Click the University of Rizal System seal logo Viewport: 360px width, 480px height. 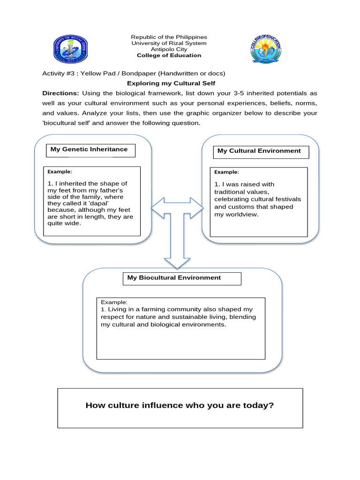(71, 50)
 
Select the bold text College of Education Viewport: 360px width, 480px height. (169, 55)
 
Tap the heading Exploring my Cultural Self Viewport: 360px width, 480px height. (171, 83)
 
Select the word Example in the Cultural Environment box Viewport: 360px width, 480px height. (226, 172)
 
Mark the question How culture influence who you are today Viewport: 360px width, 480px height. (180, 405)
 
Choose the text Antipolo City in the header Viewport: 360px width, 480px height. (169, 49)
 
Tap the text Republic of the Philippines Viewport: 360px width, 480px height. (169, 37)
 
